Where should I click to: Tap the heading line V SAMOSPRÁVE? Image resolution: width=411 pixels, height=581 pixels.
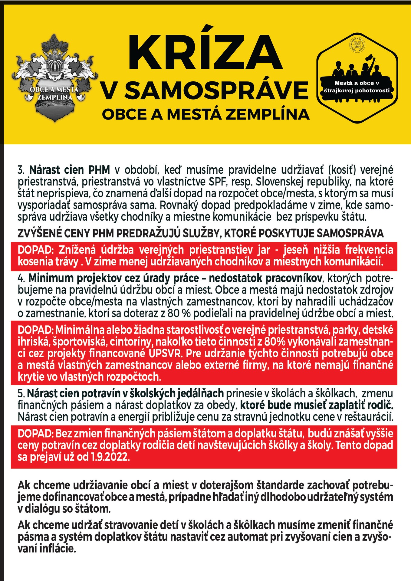click(205, 90)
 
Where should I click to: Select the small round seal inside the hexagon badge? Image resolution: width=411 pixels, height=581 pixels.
click(357, 45)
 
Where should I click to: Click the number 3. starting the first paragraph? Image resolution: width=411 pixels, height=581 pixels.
click(21, 170)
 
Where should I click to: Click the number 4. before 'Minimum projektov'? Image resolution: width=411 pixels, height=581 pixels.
click(21, 278)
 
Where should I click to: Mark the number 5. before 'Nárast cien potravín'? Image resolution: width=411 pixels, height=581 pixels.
click(21, 393)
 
